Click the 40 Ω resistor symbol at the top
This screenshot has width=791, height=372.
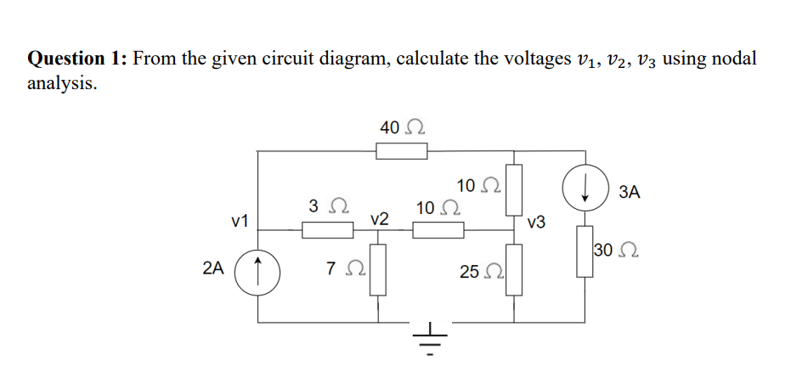pyautogui.click(x=402, y=151)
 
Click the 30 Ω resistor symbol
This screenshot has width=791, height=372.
pyautogui.click(x=585, y=251)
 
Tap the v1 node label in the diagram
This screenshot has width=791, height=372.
pyautogui.click(x=240, y=222)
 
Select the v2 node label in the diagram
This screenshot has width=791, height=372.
pyautogui.click(x=380, y=218)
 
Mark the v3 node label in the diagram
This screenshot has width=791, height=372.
pyautogui.click(x=536, y=223)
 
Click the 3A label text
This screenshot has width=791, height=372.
pyautogui.click(x=630, y=192)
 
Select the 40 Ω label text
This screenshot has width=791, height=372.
pyautogui.click(x=402, y=128)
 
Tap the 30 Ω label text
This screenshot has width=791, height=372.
pyautogui.click(x=616, y=251)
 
